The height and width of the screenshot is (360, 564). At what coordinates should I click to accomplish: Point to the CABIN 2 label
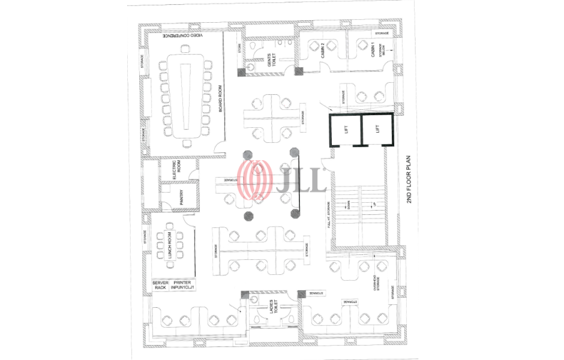click(x=322, y=52)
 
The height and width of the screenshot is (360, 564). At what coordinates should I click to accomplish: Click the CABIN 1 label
click(x=373, y=51)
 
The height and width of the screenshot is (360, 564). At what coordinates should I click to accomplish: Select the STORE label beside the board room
click(x=239, y=48)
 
